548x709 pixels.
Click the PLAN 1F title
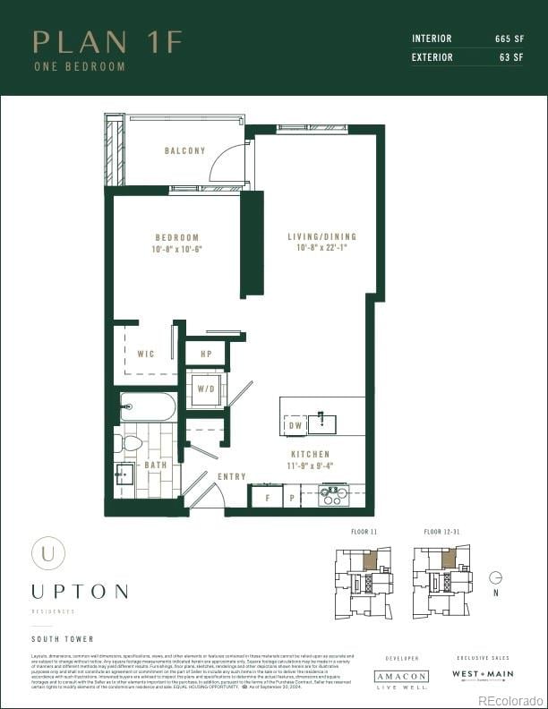[x=107, y=41]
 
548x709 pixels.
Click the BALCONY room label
[x=184, y=151]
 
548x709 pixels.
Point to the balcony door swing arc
[x=224, y=164]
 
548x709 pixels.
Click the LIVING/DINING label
[x=321, y=237]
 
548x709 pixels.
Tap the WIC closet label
[x=145, y=354]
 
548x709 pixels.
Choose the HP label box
[x=206, y=354]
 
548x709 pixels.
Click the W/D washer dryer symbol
[x=206, y=389]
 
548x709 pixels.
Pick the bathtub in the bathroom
[x=148, y=407]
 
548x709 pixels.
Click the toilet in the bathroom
[x=131, y=442]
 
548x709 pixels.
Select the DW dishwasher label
[x=295, y=427]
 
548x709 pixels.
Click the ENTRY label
[x=231, y=476]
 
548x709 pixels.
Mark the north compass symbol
[x=496, y=578]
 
